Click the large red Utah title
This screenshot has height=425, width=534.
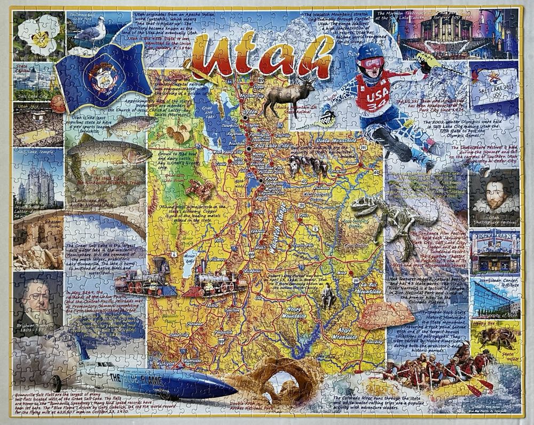click(x=262, y=53)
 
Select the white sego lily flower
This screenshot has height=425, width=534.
click(x=37, y=35)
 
